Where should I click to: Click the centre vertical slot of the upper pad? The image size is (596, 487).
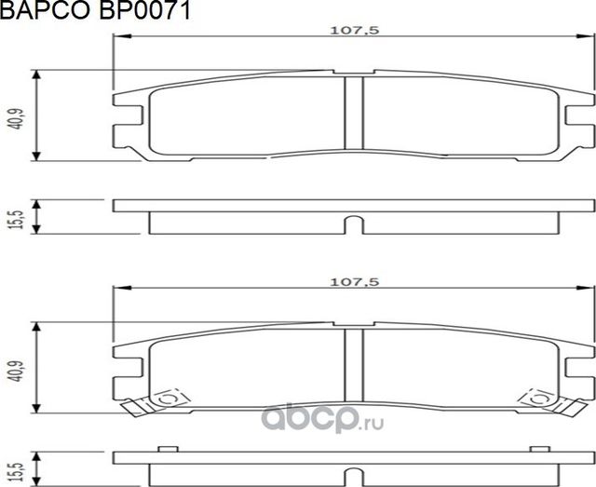354,112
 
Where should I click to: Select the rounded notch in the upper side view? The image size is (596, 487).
354,224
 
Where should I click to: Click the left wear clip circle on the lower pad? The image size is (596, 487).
169,398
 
